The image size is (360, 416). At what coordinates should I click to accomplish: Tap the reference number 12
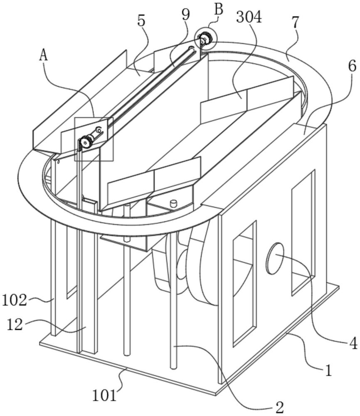click(15, 324)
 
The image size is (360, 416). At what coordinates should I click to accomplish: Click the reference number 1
click(328, 370)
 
